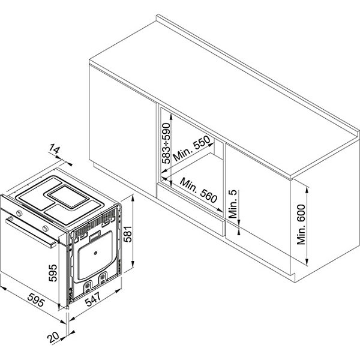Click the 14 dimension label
pos(55,149)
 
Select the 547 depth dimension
pos(93,299)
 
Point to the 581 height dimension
pos(128,234)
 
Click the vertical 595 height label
pos(53,273)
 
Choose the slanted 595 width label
pos(36,300)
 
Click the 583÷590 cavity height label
pos(166,143)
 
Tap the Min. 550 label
pos(191,149)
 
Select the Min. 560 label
pos(199,190)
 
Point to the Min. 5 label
pos(233,204)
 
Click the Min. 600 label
pos(301,224)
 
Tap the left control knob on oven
pos(20,213)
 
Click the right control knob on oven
pos(46,228)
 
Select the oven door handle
pos(31,232)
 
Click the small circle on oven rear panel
pos(95,253)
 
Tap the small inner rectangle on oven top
pos(68,197)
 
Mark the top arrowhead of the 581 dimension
pos(132,199)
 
